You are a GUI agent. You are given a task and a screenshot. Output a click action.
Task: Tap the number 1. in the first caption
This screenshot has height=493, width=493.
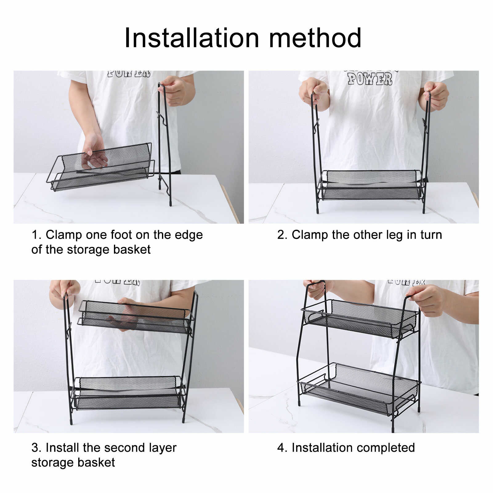(x=36, y=235)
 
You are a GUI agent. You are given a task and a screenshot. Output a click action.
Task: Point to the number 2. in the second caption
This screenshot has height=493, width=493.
(x=282, y=235)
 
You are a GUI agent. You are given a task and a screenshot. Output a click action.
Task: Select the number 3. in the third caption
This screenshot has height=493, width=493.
(x=36, y=448)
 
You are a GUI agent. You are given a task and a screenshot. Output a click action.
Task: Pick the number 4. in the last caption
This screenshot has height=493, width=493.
(x=282, y=448)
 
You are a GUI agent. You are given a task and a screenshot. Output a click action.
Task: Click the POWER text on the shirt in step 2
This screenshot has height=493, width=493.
(x=370, y=79)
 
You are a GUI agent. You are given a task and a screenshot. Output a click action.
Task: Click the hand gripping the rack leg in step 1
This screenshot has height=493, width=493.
(x=173, y=90)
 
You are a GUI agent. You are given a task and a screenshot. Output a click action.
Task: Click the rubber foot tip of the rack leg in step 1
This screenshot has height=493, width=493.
(x=170, y=204)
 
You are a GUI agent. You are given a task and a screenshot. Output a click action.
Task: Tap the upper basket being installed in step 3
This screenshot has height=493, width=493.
(x=136, y=317)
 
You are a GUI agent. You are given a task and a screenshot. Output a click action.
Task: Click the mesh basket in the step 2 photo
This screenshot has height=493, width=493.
(x=371, y=185)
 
